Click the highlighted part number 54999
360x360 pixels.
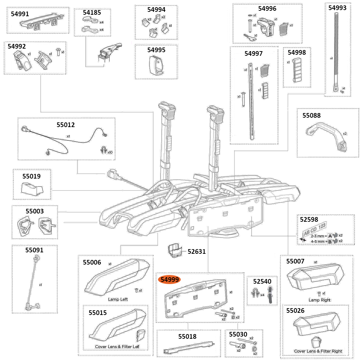click(170, 280)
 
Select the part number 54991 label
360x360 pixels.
click(20, 14)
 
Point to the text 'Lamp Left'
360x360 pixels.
click(118, 299)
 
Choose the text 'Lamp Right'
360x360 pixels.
click(319, 300)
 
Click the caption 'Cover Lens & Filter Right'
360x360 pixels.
click(318, 351)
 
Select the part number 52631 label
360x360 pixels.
click(197, 252)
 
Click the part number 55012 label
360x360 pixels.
click(66, 125)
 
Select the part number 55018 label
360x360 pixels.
click(187, 337)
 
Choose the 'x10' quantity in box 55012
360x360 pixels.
click(110, 152)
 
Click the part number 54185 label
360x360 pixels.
click(92, 12)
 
